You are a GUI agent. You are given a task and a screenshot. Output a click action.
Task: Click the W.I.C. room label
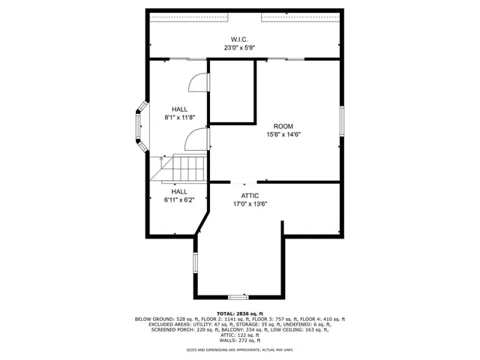tap(239, 39)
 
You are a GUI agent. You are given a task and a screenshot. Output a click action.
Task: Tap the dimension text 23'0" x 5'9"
tap(239, 47)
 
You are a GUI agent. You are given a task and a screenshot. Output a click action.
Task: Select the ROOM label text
tap(283, 126)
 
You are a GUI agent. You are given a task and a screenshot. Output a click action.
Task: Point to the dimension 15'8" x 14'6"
tap(283, 134)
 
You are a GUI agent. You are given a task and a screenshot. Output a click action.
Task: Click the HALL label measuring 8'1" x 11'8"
tap(179, 109)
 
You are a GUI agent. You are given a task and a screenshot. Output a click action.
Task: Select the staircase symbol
tap(178, 168)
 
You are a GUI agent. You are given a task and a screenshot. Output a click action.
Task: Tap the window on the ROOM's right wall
tap(341, 121)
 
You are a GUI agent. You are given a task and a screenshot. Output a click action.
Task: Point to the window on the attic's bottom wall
tap(238, 298)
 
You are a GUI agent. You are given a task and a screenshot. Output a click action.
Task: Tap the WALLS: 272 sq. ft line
tap(239, 340)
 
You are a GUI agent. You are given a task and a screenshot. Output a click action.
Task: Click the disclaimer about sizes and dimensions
tap(239, 349)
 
